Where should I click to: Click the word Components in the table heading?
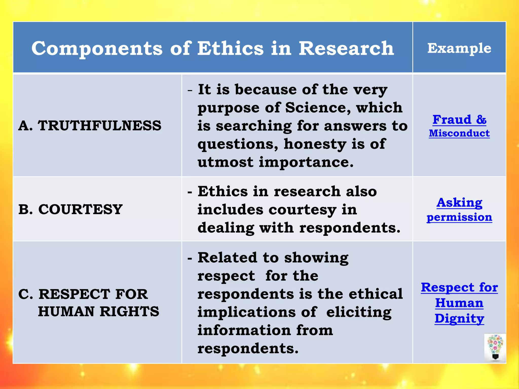click(x=97, y=49)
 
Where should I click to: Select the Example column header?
click(x=459, y=48)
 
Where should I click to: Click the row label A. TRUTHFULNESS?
click(x=90, y=126)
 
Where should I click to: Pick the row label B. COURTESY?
click(x=70, y=209)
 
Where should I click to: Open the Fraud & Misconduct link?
click(x=459, y=126)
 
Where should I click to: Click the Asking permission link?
click(x=459, y=210)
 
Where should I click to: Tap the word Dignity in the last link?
click(x=459, y=319)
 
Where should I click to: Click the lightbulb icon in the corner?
click(x=495, y=347)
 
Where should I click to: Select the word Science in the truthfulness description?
click(x=318, y=108)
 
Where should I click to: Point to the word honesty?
click(x=315, y=144)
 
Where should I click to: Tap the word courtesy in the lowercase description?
click(x=302, y=210)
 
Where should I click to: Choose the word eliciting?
click(x=359, y=312)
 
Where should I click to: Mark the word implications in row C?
click(x=246, y=312)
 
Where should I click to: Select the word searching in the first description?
click(x=254, y=126)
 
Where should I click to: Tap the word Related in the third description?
click(x=227, y=258)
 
